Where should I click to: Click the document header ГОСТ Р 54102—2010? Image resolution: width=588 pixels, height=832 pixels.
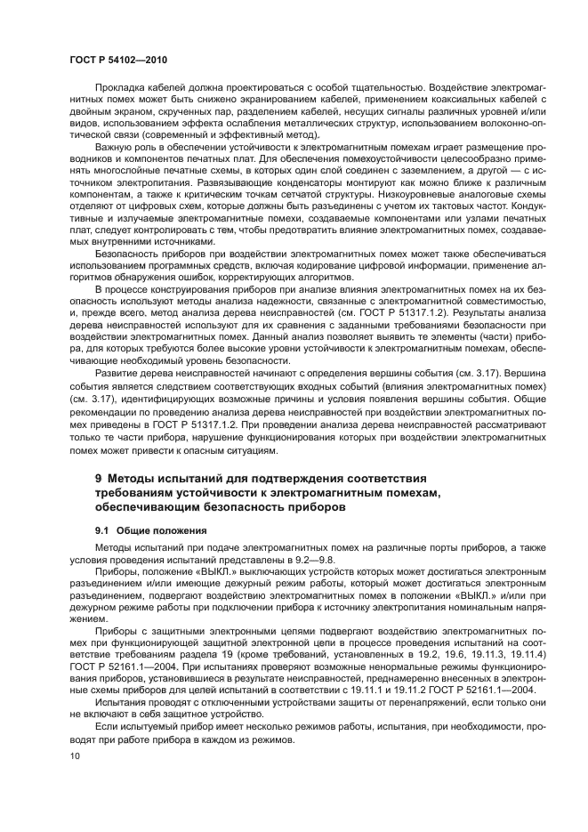[x=117, y=59]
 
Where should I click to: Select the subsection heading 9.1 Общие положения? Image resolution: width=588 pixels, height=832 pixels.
[x=144, y=530]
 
